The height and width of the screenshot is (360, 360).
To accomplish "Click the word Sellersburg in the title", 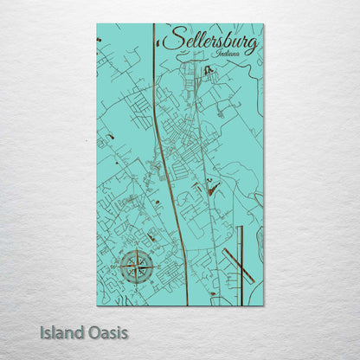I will [209, 41].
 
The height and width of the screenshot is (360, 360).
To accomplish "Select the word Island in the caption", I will [63, 331].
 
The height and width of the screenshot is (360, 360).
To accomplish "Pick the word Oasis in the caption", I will [107, 331].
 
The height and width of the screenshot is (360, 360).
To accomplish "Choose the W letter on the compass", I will [120, 266].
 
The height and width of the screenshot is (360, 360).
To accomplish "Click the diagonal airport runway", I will [236, 264].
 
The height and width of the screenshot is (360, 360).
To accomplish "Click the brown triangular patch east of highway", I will [213, 186].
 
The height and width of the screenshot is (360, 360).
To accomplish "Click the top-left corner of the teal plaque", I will [97, 24].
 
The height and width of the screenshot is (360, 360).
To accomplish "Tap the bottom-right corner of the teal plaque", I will [263, 305].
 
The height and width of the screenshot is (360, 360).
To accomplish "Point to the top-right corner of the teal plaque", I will [263, 24].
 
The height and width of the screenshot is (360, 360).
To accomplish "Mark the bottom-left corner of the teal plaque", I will [97, 305].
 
